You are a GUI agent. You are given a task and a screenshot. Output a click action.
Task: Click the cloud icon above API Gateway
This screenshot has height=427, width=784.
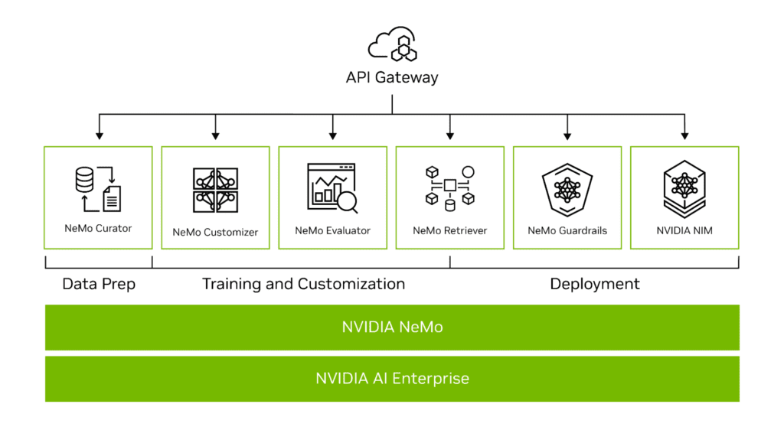[x=392, y=45]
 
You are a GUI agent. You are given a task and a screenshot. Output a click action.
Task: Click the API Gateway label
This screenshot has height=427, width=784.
[x=392, y=77]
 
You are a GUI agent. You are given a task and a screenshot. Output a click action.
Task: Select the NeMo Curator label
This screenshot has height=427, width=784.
[x=98, y=228]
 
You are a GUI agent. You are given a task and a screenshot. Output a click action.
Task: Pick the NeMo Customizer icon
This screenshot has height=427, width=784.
[x=215, y=191]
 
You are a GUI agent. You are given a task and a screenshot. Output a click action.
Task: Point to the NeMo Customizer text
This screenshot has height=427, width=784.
[x=215, y=231]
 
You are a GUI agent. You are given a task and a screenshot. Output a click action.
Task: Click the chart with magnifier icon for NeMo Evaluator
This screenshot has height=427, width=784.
[x=332, y=188]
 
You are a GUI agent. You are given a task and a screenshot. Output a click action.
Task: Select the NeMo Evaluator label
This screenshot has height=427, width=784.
[x=332, y=230]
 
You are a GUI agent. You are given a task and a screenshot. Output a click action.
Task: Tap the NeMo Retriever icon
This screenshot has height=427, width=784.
[x=449, y=187]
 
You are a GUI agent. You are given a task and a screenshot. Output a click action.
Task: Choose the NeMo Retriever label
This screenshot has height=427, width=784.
[x=449, y=230]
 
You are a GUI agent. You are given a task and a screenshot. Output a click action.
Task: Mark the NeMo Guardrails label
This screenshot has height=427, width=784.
[x=567, y=230]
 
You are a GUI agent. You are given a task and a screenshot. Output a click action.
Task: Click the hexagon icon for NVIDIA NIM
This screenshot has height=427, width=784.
[x=684, y=188]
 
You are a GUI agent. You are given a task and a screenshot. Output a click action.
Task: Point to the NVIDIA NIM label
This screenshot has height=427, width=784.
[x=684, y=230]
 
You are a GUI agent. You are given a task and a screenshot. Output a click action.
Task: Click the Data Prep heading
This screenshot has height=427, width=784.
[x=99, y=284]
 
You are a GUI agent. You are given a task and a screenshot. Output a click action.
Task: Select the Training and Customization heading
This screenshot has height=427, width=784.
[x=303, y=284]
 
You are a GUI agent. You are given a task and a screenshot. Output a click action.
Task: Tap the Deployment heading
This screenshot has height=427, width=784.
[x=595, y=284]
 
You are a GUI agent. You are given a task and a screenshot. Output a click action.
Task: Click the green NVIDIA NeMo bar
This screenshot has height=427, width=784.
[x=392, y=327]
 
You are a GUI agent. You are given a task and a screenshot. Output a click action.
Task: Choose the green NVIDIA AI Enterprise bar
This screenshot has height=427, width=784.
[x=392, y=378]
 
